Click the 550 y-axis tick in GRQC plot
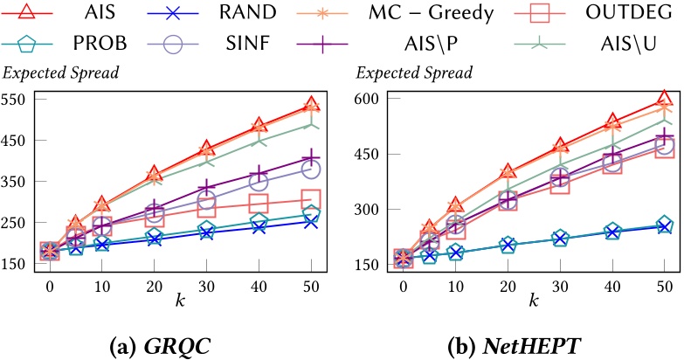[x=15, y=99]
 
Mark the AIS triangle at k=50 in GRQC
[x=311, y=105]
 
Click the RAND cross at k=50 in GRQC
[x=311, y=221]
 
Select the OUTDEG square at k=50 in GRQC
[x=311, y=199]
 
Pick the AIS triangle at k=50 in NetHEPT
[x=664, y=99]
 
